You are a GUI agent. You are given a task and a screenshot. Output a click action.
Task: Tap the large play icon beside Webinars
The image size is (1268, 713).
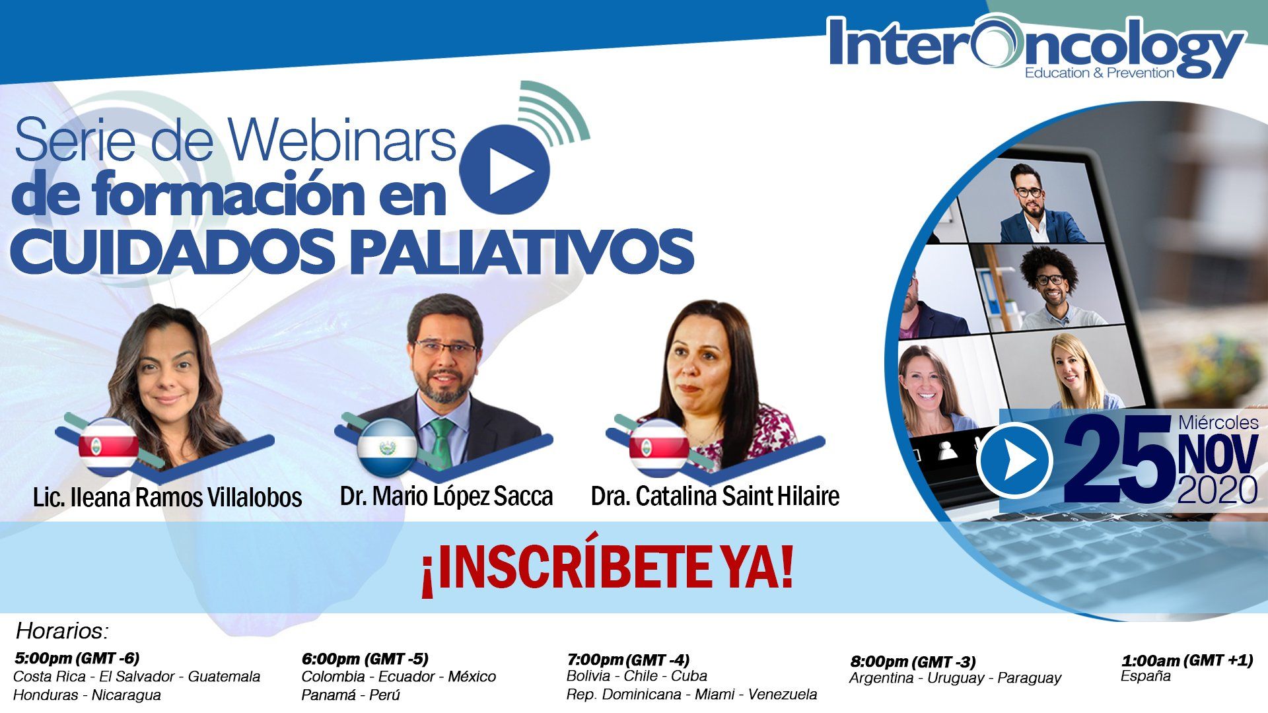click(x=505, y=169)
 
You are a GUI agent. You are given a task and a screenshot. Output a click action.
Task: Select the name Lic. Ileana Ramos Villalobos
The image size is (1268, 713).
click(x=167, y=497)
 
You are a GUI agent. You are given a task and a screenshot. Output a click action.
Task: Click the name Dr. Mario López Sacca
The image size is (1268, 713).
click(x=446, y=496)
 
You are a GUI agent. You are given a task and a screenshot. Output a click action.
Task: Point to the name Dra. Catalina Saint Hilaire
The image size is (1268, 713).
click(x=715, y=496)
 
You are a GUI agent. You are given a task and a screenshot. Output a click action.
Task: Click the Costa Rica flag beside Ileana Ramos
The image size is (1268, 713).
click(x=108, y=447)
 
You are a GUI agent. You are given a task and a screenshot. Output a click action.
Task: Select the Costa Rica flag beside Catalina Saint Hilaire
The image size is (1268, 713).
click(x=659, y=447)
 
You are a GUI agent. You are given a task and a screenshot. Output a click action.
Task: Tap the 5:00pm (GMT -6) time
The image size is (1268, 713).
click(x=77, y=658)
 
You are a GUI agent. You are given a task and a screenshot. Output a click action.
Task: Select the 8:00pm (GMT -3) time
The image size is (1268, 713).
click(x=913, y=662)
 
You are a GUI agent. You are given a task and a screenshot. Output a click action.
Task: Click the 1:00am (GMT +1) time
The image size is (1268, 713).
click(x=1187, y=660)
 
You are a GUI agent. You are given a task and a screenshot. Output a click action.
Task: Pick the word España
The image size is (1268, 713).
click(x=1146, y=676)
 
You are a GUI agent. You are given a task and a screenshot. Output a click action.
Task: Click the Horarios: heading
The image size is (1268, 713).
click(x=62, y=631)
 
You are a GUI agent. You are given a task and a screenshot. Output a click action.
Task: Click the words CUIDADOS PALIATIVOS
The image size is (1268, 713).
click(x=353, y=252)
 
